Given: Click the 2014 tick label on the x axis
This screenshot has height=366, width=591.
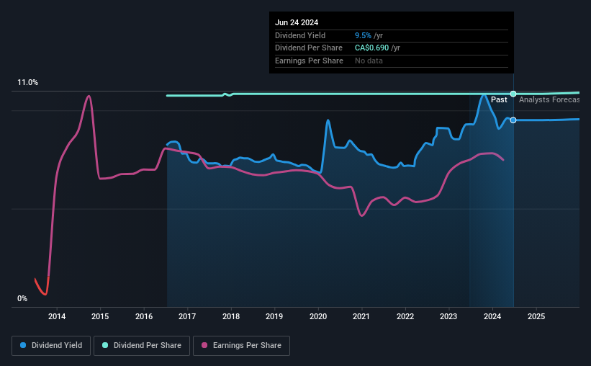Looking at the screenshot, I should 57,316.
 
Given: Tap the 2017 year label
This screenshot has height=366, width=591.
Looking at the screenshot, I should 187,316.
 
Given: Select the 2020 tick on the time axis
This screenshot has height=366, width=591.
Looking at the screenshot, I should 318,316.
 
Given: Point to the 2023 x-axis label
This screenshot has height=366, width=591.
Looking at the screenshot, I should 448,316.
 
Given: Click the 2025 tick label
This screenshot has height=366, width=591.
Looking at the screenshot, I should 536,316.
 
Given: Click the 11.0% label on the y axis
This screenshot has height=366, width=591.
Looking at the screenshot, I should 28,83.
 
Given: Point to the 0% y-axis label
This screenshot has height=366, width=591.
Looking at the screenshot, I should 22,298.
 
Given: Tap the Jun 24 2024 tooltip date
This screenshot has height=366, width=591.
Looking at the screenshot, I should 297,22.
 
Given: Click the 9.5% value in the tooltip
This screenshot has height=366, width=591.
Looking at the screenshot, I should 363,35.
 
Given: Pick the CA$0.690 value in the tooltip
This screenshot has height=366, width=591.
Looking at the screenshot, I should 371,48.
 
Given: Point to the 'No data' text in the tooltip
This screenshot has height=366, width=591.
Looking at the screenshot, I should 369,61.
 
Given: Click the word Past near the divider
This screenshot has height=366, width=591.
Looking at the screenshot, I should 499,100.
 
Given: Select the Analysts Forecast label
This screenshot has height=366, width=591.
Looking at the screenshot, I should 549,100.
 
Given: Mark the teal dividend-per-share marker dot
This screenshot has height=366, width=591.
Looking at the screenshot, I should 513,94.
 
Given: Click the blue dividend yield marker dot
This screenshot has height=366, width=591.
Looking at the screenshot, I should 513,120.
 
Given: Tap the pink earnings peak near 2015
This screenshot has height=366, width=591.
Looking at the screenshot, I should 89,96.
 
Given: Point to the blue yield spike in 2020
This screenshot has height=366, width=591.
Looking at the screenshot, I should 328,120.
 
